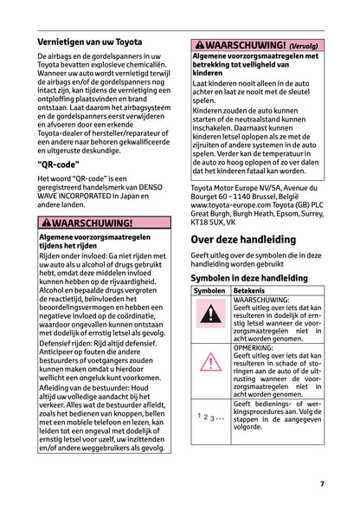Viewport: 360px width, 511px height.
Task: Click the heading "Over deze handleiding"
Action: [242, 239]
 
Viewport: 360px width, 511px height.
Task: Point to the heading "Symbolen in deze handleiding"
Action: [248, 277]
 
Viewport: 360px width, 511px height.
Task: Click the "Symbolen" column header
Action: [210, 292]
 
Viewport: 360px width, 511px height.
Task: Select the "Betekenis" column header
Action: [251, 292]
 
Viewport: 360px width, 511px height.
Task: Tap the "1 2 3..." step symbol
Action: [209, 417]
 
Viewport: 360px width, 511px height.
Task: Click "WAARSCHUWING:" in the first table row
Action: [260, 300]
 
